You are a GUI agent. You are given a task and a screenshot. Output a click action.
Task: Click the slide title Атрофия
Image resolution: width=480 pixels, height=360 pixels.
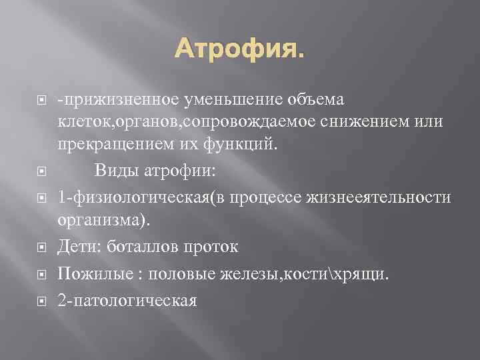[x=239, y=47]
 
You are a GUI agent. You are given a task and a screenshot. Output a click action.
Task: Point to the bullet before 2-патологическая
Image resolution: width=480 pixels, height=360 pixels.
[x=41, y=301]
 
